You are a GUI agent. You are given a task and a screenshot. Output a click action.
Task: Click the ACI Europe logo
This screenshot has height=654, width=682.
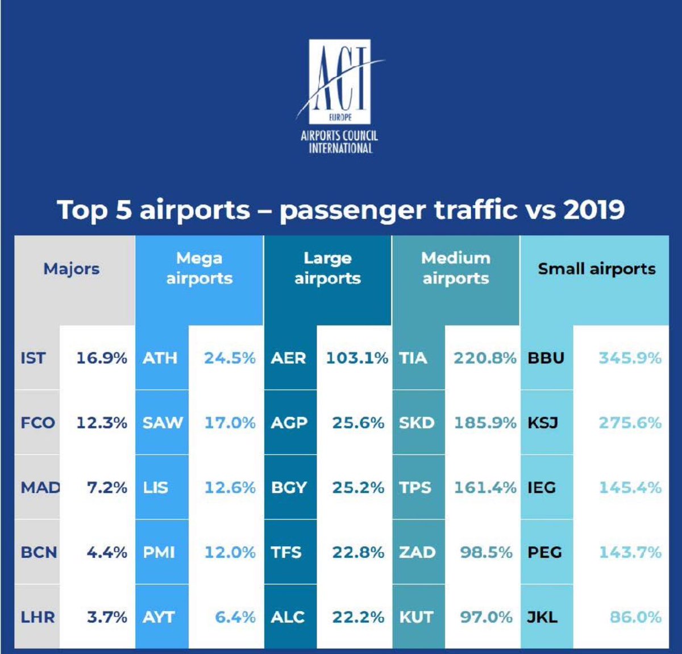point(339,82)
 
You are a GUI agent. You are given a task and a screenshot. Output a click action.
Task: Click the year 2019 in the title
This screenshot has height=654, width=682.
point(594,210)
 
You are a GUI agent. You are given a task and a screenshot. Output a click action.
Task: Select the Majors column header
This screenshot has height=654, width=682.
point(72,269)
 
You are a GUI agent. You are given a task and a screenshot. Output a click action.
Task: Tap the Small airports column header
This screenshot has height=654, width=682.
point(596,269)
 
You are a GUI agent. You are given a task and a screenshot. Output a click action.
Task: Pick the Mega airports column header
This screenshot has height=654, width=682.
point(199,268)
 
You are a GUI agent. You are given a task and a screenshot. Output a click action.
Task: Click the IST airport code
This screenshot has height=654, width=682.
point(33,358)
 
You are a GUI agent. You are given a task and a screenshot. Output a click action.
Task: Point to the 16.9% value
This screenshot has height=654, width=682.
point(102,358)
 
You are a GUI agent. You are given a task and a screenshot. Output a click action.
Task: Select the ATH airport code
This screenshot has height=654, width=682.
point(160,358)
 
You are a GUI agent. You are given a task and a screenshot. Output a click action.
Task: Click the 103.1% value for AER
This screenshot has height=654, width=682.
point(356,358)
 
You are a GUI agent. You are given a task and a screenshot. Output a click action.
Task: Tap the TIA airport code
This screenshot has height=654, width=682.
point(413,358)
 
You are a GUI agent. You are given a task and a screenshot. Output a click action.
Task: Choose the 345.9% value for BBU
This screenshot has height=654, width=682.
point(630,358)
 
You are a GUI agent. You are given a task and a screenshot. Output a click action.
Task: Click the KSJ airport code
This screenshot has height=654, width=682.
point(543,423)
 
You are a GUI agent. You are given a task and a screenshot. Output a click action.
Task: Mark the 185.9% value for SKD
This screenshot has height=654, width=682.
point(485,423)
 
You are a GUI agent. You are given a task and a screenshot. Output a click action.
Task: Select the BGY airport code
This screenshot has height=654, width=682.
point(289,488)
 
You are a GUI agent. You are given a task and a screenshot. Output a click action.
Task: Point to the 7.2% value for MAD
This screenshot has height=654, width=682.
point(107,488)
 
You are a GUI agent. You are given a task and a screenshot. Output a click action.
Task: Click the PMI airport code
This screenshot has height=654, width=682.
point(159,552)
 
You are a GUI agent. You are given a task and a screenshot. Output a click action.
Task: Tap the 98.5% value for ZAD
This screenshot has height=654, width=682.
point(486,552)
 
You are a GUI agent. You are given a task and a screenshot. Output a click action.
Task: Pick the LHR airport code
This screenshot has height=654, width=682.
point(38,617)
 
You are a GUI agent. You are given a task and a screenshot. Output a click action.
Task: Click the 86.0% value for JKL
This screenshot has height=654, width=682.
point(635,617)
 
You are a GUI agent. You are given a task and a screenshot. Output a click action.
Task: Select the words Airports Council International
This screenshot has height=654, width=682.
point(339,142)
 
